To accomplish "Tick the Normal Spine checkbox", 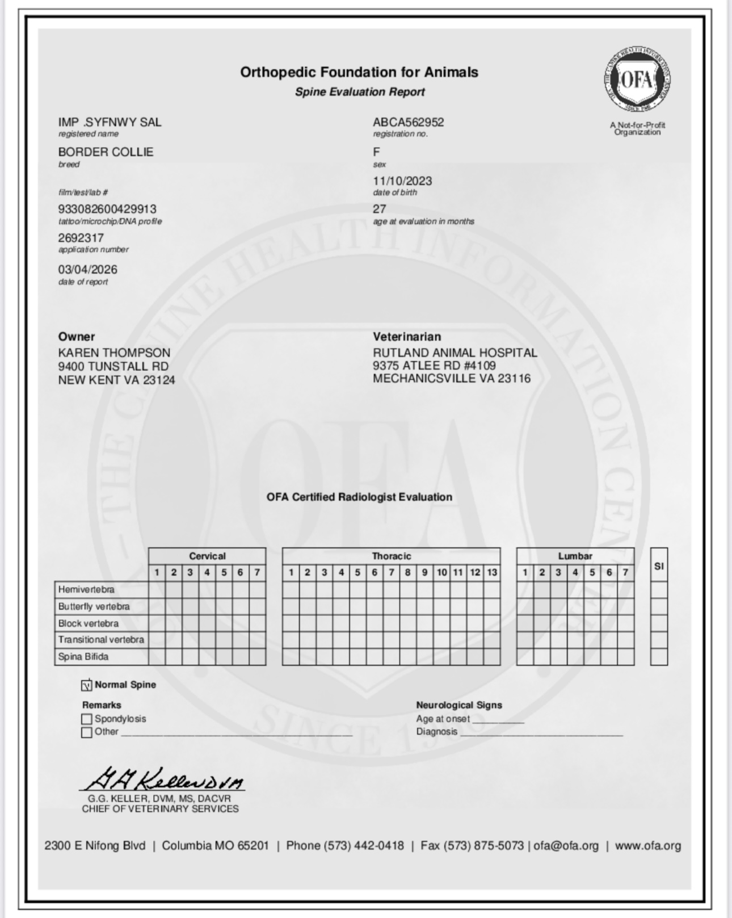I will tap(87, 685).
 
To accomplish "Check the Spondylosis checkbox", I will tap(87, 719).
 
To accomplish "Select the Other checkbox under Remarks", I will tap(87, 732).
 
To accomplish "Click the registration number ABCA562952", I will tap(408, 122).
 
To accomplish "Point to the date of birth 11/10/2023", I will tap(402, 181).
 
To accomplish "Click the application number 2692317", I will tap(81, 238).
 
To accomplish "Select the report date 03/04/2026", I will tap(87, 270).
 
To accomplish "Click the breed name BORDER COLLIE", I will tap(106, 152).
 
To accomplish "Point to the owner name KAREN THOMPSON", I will tap(114, 353).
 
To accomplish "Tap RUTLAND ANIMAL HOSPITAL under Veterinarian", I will tap(455, 353).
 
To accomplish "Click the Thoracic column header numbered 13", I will tap(492, 572).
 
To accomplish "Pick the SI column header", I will tap(659, 566).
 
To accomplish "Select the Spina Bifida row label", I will tap(83, 657).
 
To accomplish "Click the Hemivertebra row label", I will tap(86, 590).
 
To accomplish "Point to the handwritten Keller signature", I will tap(162, 779).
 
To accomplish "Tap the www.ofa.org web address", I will tap(647, 845).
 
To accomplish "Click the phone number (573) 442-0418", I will tap(363, 845).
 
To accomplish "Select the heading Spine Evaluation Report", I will tap(360, 92).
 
